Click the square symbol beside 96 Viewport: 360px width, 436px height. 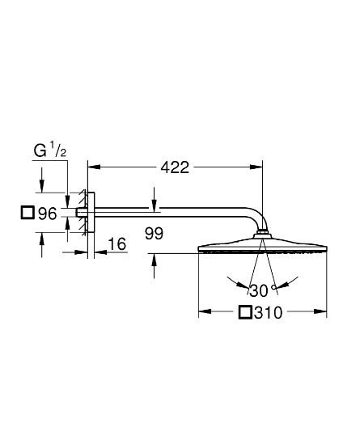[x=28, y=214]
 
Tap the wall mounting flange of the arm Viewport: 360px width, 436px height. [x=90, y=214]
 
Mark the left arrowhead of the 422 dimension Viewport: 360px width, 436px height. [x=91, y=167]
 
